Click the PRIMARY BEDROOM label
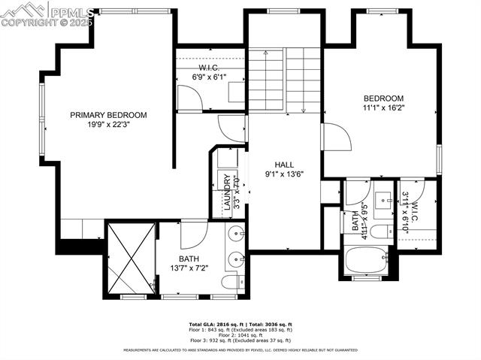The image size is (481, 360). tap(108, 115)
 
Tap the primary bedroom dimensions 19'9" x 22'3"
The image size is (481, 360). tap(108, 126)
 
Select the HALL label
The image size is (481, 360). tap(284, 165)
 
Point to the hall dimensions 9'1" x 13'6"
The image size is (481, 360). tap(284, 174)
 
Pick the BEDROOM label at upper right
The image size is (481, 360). tap(383, 98)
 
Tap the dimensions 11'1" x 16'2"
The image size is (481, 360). tap(383, 109)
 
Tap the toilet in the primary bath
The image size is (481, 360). tap(231, 283)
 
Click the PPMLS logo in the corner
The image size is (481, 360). tap(48, 14)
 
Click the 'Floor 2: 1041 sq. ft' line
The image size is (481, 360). tap(240, 334)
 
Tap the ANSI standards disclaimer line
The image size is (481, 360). tap(240, 350)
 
